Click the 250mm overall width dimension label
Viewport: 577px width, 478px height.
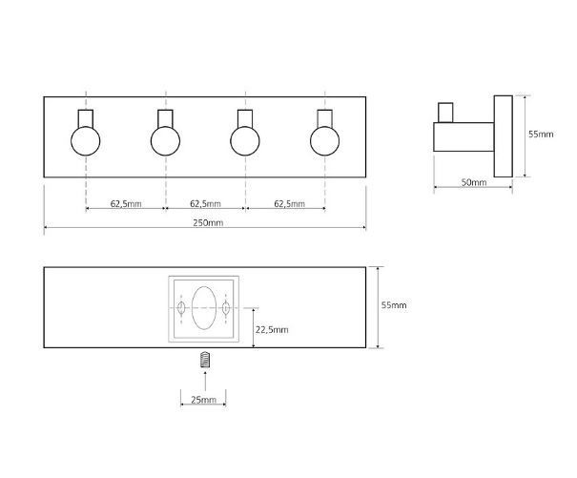pyautogui.click(x=208, y=223)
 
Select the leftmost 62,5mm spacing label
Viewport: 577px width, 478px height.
pyautogui.click(x=126, y=203)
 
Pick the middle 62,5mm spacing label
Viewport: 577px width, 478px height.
pyautogui.click(x=205, y=203)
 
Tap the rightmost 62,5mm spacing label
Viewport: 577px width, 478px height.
pyautogui.click(x=290, y=203)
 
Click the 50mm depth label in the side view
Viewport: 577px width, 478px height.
pyautogui.click(x=474, y=182)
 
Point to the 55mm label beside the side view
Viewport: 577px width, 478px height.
pyautogui.click(x=541, y=134)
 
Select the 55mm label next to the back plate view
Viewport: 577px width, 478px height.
pyautogui.click(x=394, y=305)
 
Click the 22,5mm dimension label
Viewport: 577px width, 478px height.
pyautogui.click(x=272, y=329)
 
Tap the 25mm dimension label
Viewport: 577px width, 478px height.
pyautogui.click(x=203, y=399)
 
